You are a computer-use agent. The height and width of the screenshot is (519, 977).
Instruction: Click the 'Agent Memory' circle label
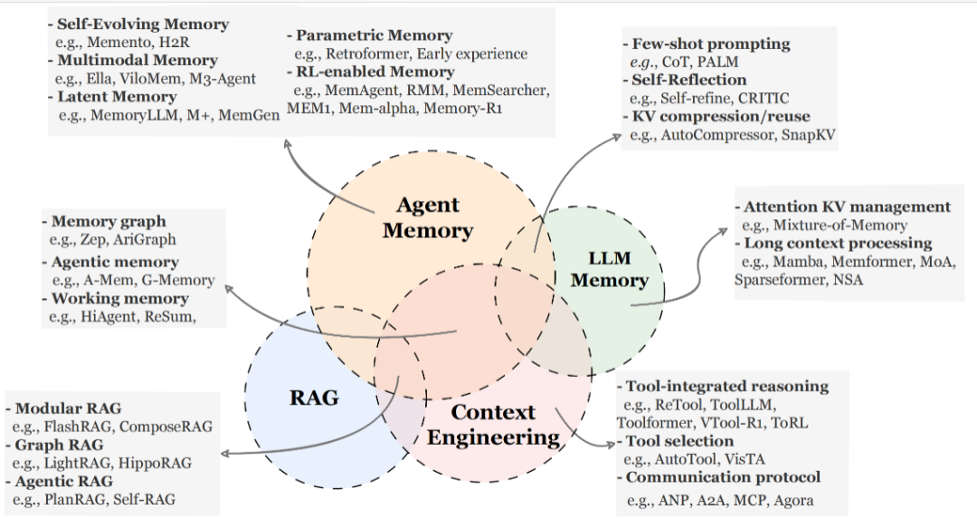(427, 217)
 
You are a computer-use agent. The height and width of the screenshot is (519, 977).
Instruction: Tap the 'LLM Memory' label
(609, 269)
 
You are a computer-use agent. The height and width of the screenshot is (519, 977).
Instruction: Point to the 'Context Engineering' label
(493, 425)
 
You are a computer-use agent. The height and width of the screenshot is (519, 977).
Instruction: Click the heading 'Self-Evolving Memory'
(143, 24)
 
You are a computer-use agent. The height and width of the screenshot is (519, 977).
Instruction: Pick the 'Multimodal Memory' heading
(138, 60)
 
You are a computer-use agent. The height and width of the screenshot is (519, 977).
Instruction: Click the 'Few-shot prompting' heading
(710, 43)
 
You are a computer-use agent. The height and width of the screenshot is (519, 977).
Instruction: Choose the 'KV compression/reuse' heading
(720, 116)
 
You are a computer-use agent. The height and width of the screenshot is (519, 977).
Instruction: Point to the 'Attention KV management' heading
(847, 207)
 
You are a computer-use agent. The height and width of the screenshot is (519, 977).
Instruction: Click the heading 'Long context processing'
(838, 243)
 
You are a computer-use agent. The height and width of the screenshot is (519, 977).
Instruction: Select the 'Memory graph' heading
(109, 221)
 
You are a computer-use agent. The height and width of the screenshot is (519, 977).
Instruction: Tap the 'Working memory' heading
(119, 298)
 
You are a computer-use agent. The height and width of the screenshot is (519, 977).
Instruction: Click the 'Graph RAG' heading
(59, 445)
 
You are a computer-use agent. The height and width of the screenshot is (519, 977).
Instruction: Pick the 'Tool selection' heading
(679, 441)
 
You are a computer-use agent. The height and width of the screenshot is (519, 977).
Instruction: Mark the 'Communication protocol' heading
(723, 476)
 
